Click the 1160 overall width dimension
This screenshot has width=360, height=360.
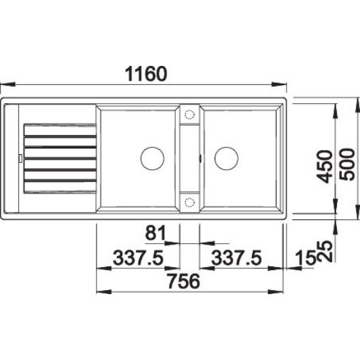coord(146,74)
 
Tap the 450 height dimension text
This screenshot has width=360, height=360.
coord(325,166)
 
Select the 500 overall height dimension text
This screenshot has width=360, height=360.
coord(347,164)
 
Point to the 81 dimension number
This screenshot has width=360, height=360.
coord(156,232)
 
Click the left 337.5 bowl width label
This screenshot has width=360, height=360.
coord(138,258)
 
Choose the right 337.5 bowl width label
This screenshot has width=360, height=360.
coord(236,258)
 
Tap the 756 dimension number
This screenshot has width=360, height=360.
coord(184,281)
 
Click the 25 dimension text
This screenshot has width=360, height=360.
coord(325,251)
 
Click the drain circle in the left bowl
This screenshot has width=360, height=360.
coord(152,158)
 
